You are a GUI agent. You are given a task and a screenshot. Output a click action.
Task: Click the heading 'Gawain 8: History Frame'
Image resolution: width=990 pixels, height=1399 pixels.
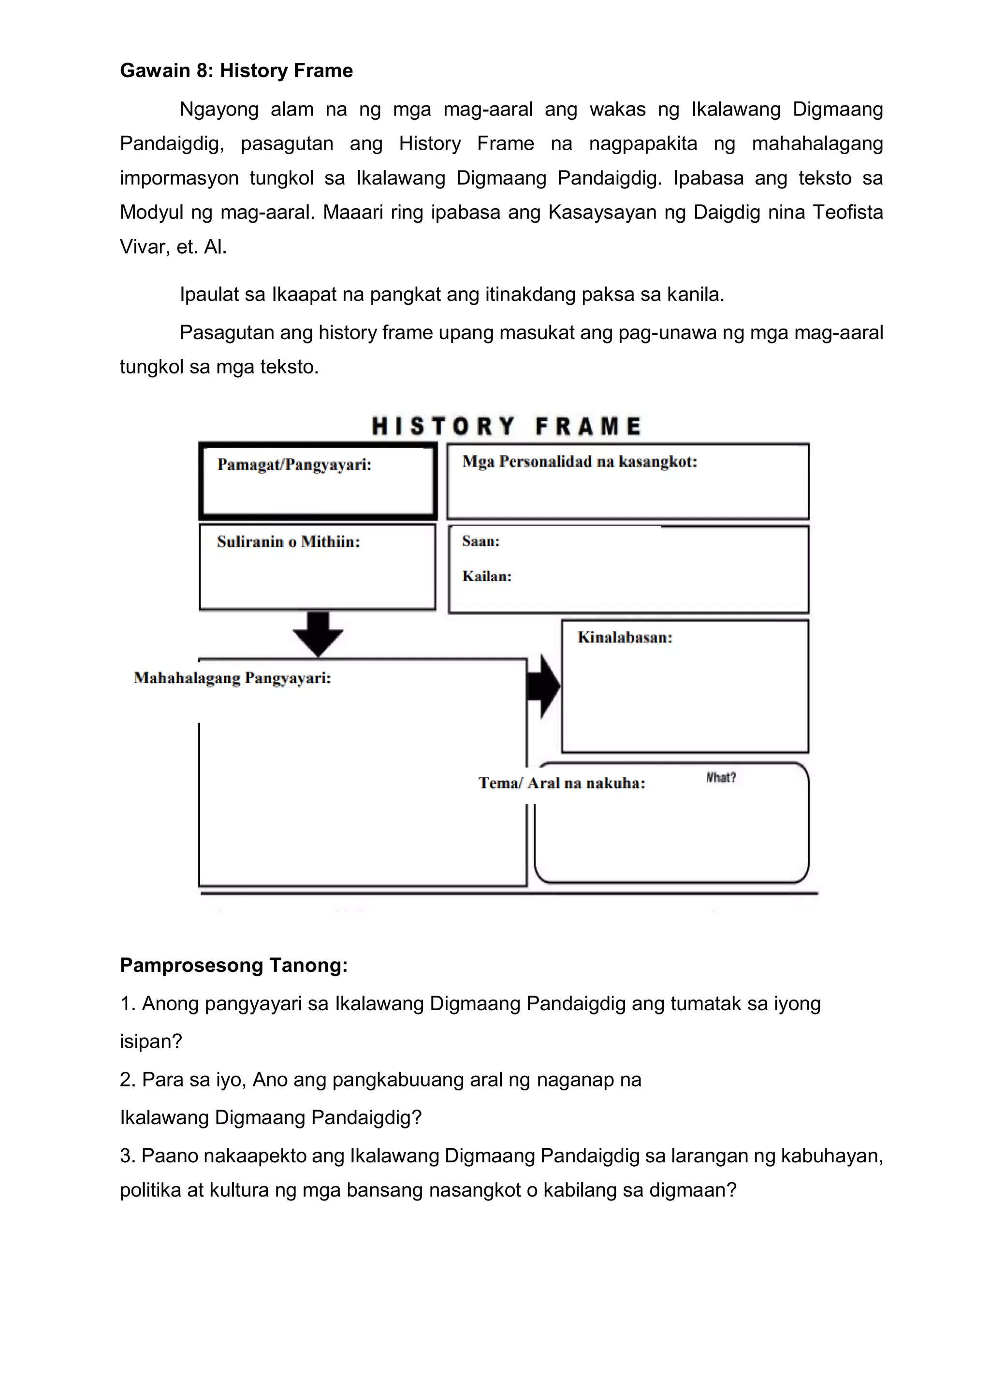pyautogui.click(x=236, y=71)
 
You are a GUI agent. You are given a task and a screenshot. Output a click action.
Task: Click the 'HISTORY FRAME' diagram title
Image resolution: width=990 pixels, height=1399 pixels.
pyautogui.click(x=506, y=426)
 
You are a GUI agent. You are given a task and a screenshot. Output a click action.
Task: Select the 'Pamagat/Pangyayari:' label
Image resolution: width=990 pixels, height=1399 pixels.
pyautogui.click(x=294, y=465)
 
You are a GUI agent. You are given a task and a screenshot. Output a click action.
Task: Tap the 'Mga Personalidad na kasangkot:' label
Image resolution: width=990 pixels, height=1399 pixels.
pyautogui.click(x=579, y=461)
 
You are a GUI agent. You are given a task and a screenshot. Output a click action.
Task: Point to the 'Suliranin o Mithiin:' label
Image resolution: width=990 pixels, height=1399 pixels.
pyautogui.click(x=288, y=542)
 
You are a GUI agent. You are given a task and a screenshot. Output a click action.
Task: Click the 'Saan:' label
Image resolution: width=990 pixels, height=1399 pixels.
pyautogui.click(x=480, y=541)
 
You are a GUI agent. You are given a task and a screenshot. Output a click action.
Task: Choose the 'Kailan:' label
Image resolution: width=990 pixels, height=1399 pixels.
pyautogui.click(x=486, y=576)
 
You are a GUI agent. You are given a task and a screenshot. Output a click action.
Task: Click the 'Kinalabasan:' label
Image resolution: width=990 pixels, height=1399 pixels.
pyautogui.click(x=625, y=638)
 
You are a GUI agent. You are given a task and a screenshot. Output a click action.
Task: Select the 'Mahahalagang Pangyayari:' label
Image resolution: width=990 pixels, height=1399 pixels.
pyautogui.click(x=232, y=678)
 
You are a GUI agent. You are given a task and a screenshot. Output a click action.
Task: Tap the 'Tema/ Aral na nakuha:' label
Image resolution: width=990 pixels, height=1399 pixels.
pyautogui.click(x=561, y=783)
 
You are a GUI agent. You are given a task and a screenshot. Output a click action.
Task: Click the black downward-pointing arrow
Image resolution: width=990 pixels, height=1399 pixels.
pyautogui.click(x=318, y=634)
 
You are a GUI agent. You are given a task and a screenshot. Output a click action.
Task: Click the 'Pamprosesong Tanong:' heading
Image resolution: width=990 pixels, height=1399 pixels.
pyautogui.click(x=233, y=965)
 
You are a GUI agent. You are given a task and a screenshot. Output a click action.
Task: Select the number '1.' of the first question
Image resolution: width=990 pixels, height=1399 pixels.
pyautogui.click(x=128, y=1003)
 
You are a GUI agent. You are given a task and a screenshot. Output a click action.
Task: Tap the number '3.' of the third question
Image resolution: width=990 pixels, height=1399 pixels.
pyautogui.click(x=128, y=1156)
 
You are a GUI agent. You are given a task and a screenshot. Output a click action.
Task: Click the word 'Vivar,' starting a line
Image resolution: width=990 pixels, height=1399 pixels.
pyautogui.click(x=143, y=247)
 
